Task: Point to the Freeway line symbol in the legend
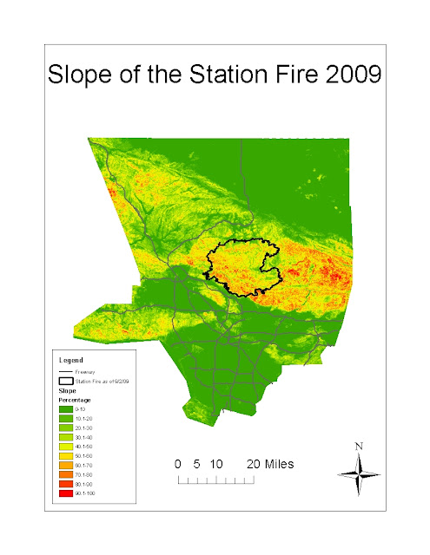[x=66, y=372]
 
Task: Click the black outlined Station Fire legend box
[x=66, y=381]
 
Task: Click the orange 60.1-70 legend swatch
[x=66, y=464]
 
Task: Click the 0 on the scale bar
[x=178, y=464]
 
